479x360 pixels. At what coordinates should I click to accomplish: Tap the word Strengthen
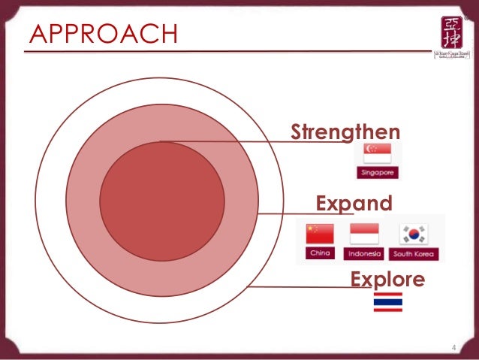[345, 132]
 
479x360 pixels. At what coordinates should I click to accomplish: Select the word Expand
[354, 203]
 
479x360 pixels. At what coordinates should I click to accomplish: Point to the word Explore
[387, 280]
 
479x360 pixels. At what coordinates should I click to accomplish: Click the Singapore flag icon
[378, 153]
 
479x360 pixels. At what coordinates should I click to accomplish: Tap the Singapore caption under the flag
[378, 173]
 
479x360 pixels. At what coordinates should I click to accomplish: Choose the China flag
[320, 234]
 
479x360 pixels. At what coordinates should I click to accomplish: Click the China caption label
[320, 253]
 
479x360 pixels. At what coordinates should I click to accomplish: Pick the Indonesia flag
[364, 234]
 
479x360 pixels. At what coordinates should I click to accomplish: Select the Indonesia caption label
[364, 254]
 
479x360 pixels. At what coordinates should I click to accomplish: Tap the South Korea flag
[414, 234]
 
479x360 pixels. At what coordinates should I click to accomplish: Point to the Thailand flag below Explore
[387, 302]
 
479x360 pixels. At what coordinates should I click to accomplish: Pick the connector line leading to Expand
[300, 213]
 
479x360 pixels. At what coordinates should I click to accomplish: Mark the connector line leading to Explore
[300, 286]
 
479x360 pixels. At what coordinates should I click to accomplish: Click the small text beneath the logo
[449, 56]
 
